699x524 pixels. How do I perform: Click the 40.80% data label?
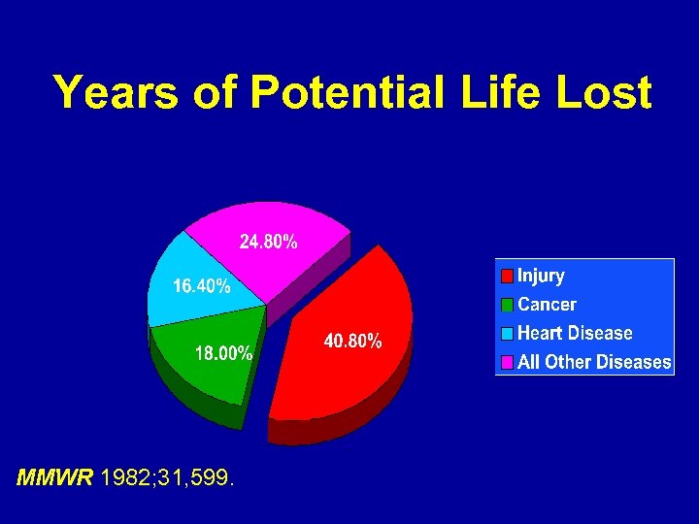(x=352, y=342)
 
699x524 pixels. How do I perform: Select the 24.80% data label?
(x=269, y=243)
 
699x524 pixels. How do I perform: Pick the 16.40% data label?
(x=202, y=286)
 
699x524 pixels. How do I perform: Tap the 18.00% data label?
(x=224, y=353)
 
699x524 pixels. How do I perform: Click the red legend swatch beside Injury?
(x=507, y=277)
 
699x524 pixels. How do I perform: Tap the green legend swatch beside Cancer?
(x=507, y=305)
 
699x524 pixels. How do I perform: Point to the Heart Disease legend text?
(x=575, y=333)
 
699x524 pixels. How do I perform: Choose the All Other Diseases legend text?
(x=594, y=362)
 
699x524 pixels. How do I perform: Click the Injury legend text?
(x=541, y=276)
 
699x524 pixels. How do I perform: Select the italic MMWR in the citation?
(x=55, y=477)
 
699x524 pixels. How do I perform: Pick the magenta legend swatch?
(x=507, y=362)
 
